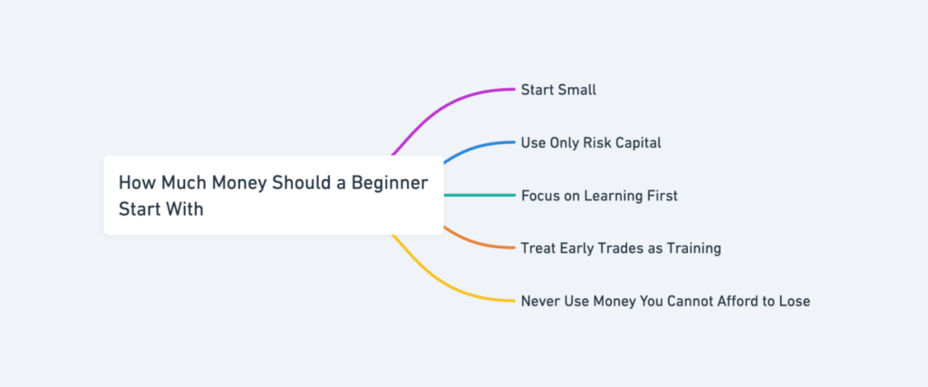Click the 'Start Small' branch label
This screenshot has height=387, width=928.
tap(558, 90)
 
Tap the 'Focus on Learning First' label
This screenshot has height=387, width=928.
tap(599, 195)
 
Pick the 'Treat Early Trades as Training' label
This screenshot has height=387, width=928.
tap(621, 247)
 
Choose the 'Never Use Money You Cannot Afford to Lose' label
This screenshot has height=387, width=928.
tap(665, 300)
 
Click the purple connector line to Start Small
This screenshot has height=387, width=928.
tap(453, 104)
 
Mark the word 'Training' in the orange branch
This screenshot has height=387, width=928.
tap(691, 247)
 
